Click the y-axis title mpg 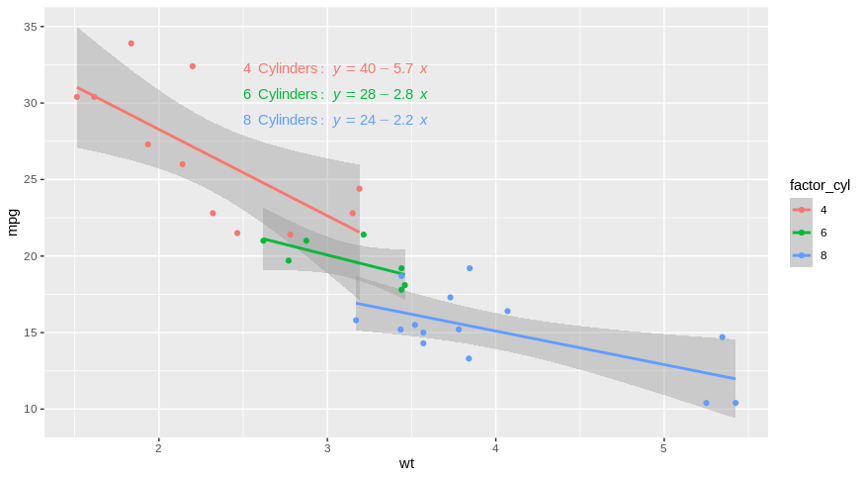pos(13,222)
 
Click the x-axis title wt pos(406,463)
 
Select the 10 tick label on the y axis pos(30,409)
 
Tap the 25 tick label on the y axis pos(30,179)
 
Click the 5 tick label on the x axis pos(663,447)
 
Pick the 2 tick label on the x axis pos(158,447)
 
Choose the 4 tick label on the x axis pos(495,447)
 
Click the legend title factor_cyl pos(820,185)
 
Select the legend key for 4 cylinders pos(801,210)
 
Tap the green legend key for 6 pos(801,233)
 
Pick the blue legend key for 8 pos(801,255)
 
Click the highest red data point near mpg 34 pos(130,44)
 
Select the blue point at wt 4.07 pos(507,311)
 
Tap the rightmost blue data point pos(735,403)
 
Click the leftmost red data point pos(77,97)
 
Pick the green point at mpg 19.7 pos(289,260)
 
